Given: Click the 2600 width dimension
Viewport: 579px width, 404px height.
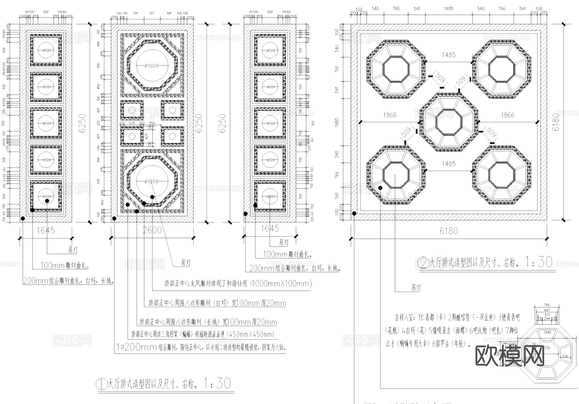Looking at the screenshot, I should (152, 230).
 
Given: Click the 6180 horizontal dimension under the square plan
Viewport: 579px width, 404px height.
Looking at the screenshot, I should (448, 231).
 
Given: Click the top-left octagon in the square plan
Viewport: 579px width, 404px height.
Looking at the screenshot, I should (396, 69).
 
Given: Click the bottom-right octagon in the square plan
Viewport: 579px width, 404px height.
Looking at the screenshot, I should (501, 175).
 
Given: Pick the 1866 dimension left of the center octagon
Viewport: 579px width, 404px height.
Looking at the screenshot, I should (390, 115).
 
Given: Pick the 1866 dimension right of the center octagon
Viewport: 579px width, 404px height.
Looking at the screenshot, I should (507, 115).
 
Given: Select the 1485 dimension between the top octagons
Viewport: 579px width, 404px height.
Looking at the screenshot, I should (448, 55).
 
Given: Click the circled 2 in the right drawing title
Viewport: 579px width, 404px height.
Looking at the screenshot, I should (424, 263).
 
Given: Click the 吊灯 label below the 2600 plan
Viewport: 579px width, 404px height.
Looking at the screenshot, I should (186, 263).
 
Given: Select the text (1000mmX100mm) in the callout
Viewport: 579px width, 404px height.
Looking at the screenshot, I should (281, 284).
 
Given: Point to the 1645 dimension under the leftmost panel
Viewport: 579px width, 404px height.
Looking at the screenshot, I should (46, 230).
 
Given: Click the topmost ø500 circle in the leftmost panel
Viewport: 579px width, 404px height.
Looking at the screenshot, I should (46, 51).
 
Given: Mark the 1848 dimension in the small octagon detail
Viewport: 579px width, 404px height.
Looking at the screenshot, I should (547, 332).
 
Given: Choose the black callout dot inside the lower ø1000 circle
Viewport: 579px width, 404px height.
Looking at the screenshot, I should (152, 197).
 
